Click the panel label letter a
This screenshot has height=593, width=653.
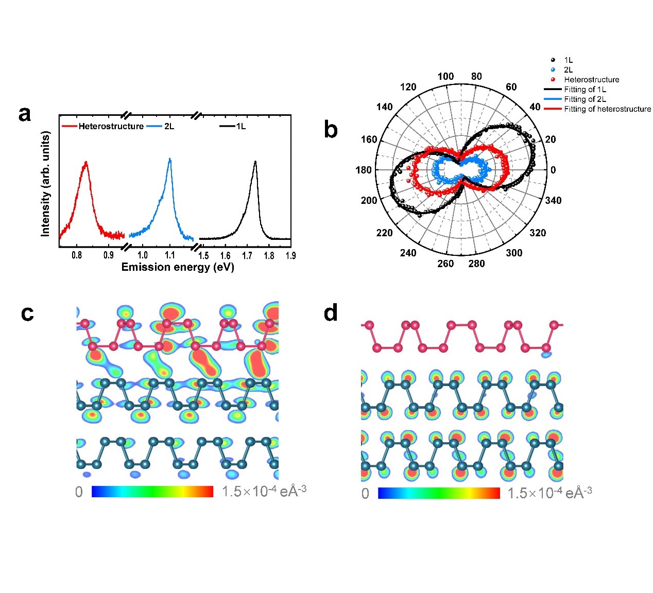click(24, 114)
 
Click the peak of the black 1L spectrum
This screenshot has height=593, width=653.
click(255, 162)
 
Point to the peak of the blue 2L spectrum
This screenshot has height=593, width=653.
click(170, 159)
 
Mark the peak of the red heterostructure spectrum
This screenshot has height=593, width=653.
click(86, 162)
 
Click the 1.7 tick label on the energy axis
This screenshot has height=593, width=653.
click(247, 255)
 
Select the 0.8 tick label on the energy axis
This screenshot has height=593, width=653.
click(77, 255)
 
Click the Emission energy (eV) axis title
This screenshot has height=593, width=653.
click(178, 267)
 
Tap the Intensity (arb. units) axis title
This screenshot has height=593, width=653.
click(46, 184)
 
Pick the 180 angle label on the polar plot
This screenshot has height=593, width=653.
click(364, 170)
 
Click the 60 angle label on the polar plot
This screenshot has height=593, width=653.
click(511, 87)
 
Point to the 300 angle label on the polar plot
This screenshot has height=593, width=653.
click(514, 253)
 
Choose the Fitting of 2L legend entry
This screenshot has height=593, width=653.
click(585, 99)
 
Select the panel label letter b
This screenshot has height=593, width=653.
click(331, 130)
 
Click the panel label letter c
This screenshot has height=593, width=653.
click(27, 313)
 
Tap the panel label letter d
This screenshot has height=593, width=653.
click(331, 312)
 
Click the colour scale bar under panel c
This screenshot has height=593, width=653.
click(152, 492)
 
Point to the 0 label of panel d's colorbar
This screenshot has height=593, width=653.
click(365, 494)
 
